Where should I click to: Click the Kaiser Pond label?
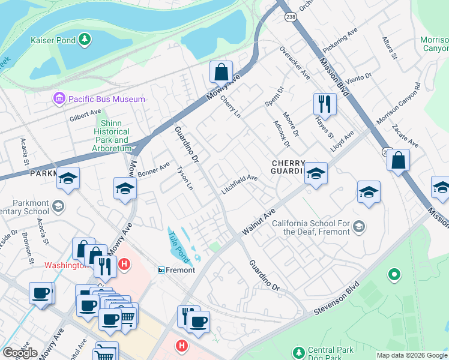click(53, 40)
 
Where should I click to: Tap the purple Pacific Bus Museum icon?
click(59, 98)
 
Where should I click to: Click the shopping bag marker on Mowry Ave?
click(221, 71)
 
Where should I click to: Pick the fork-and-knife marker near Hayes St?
click(324, 104)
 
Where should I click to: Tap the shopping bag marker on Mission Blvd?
click(397, 161)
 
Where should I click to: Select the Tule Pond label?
click(179, 247)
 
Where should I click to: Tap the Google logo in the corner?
click(20, 353)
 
